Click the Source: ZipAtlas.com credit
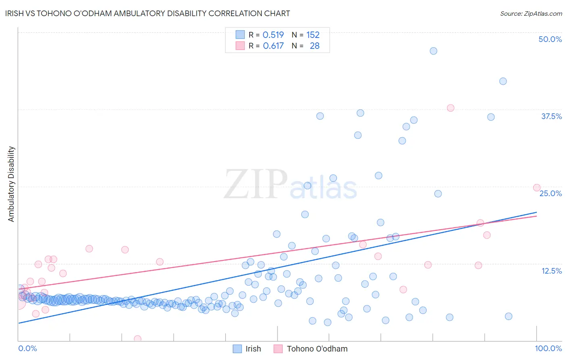pos(531,13)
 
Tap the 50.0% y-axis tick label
pos(550,39)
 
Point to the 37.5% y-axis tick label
pos(551,116)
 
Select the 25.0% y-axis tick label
pos(550,193)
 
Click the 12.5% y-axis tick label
pos(551,271)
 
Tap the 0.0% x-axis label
pos(27,348)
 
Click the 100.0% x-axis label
pos(548,348)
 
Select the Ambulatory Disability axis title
pos(11,184)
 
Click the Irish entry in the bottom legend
pos(253,349)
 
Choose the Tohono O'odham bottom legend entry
pos(317,349)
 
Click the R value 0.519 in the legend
pos(273,35)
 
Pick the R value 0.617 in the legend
pos(273,46)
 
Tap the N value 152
pos(313,35)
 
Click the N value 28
pos(315,46)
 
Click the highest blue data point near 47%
pos(434,51)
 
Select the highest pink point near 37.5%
pos(450,108)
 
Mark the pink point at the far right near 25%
pos(537,188)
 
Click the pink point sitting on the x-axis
pos(138,339)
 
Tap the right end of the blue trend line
pos(536,212)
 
